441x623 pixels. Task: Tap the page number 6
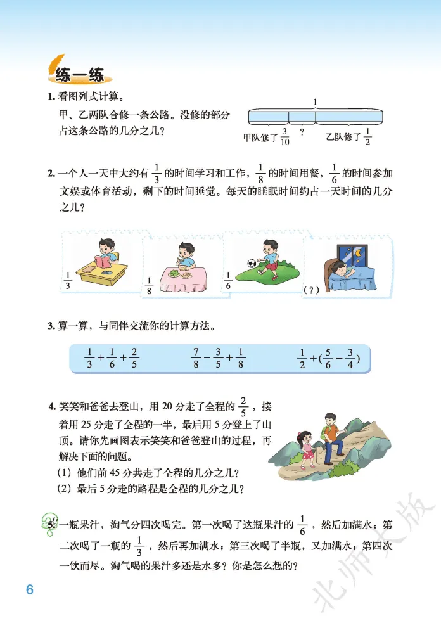pyautogui.click(x=29, y=589)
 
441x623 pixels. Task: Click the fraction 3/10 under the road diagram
pyautogui.click(x=284, y=136)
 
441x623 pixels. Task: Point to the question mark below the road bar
pyautogui.click(x=302, y=132)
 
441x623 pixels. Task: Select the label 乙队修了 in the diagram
pyautogui.click(x=343, y=136)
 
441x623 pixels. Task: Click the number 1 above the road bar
pyautogui.click(x=316, y=101)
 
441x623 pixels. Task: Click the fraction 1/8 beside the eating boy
pyautogui.click(x=150, y=285)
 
